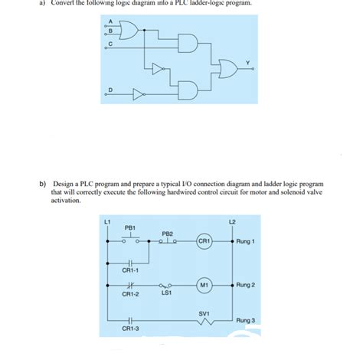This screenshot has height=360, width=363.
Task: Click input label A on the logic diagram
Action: point(110,21)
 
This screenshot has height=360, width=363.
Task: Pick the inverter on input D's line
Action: point(137,97)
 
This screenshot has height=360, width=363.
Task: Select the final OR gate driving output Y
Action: point(227,70)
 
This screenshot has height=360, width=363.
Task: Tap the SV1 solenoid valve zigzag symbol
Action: point(204,322)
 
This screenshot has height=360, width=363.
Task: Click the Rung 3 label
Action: point(247,319)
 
